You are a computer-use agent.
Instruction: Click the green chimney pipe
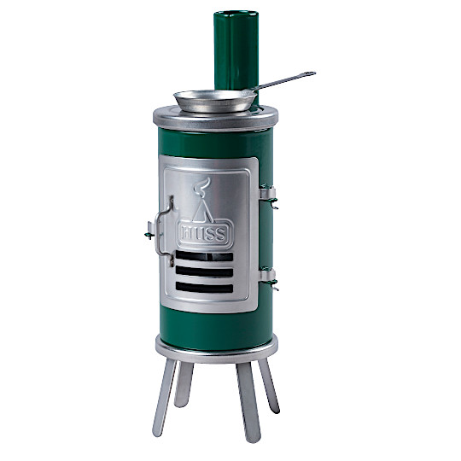236,50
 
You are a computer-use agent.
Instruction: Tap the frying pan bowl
215,101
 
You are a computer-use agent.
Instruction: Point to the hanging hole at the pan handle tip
310,73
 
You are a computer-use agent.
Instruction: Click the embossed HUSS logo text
205,234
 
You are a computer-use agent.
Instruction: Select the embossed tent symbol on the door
202,210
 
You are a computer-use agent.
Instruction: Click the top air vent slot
204,257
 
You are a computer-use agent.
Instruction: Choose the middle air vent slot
204,271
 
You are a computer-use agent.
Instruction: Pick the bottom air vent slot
204,287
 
